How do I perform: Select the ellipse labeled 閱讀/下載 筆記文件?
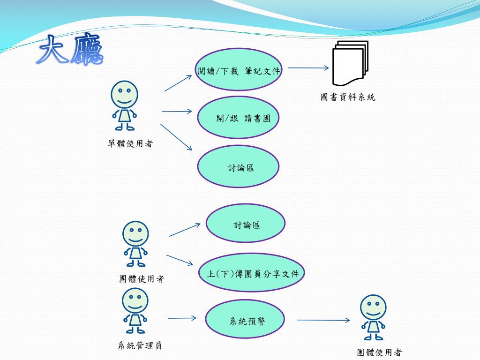tap(238, 71)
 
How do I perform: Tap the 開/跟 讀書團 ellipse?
tap(238, 118)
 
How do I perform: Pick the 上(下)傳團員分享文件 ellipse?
tap(253, 273)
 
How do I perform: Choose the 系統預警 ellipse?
tap(245, 321)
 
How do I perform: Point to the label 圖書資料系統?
tap(348, 97)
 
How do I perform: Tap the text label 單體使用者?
tap(130, 144)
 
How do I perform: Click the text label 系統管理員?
tap(140, 346)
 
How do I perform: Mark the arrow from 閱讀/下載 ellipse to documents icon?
tap(308, 68)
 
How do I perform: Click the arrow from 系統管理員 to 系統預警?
tap(182, 318)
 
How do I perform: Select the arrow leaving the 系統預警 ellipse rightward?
tap(323, 320)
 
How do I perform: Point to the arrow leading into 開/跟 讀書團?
tap(177, 112)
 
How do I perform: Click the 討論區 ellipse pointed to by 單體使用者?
tap(238, 167)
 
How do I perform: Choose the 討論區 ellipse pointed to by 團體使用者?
tap(246, 225)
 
